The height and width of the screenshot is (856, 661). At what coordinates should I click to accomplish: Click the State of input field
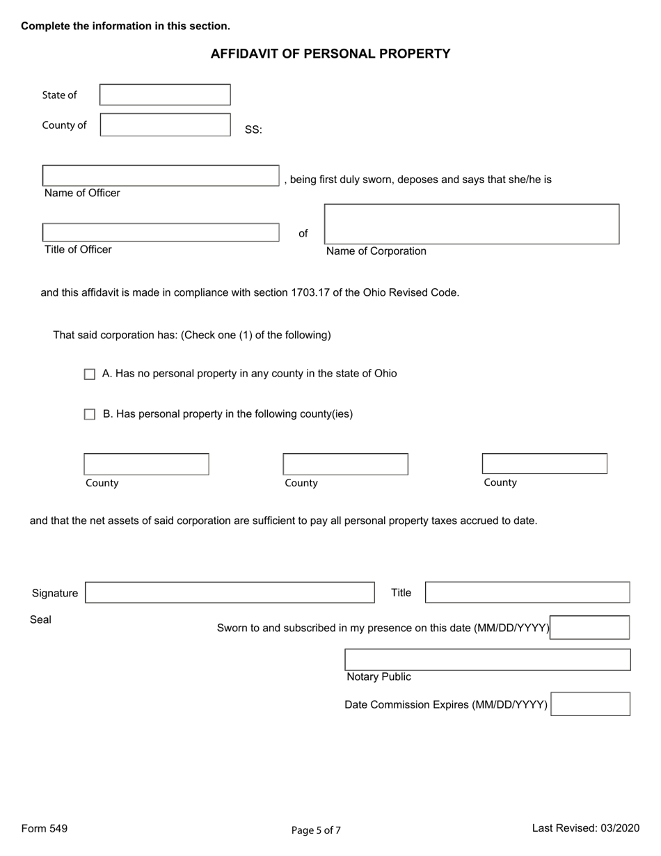pyautogui.click(x=165, y=95)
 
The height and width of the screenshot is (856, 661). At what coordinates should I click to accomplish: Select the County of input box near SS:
pyautogui.click(x=165, y=125)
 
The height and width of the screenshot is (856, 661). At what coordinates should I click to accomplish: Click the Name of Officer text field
pyautogui.click(x=161, y=175)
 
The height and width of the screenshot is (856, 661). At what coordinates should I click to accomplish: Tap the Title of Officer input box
pyautogui.click(x=161, y=232)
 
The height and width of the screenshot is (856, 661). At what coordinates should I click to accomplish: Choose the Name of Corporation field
pyautogui.click(x=472, y=224)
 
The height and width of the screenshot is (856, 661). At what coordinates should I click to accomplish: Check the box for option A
pyautogui.click(x=90, y=374)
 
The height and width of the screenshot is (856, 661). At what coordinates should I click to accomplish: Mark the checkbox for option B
pyautogui.click(x=90, y=415)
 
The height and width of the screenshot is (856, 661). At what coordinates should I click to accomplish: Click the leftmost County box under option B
pyautogui.click(x=146, y=464)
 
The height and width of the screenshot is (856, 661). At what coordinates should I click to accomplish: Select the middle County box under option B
pyautogui.click(x=345, y=464)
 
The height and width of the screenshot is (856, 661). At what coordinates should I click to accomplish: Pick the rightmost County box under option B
pyautogui.click(x=544, y=463)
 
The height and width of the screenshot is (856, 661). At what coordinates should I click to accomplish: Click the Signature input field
pyautogui.click(x=230, y=592)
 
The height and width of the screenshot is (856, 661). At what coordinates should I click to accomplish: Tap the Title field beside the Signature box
pyautogui.click(x=527, y=592)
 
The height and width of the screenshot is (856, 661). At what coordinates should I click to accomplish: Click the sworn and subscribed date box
pyautogui.click(x=590, y=628)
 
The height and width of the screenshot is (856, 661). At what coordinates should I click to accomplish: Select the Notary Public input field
pyautogui.click(x=488, y=660)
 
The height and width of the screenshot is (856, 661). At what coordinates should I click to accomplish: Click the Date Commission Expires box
pyautogui.click(x=591, y=704)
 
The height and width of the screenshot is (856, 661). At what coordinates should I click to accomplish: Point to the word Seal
pyautogui.click(x=40, y=619)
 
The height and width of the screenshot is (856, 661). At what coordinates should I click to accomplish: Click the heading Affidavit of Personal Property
pyautogui.click(x=330, y=54)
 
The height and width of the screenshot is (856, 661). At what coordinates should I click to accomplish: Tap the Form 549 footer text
pyautogui.click(x=45, y=828)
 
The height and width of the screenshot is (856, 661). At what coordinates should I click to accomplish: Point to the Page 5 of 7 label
pyautogui.click(x=316, y=830)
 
